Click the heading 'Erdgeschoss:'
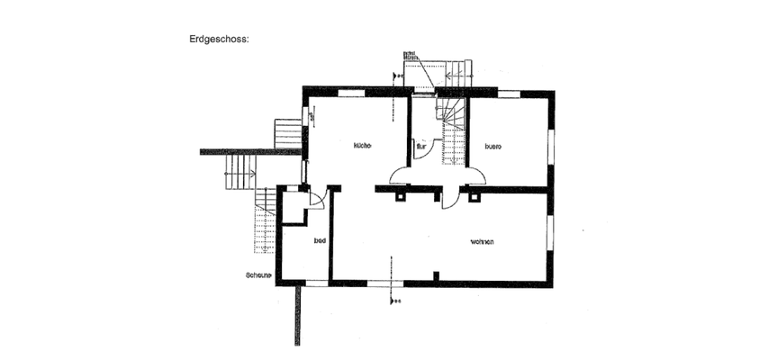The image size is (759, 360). coord(218,40)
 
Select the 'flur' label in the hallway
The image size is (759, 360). coord(420,146)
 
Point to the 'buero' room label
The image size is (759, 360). coord(492,146)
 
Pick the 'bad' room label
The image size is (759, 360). coord(319,241)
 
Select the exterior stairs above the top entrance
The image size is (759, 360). coord(450,72)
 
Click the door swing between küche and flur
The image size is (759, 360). coord(400,175)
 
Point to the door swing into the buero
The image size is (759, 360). coord(475,175)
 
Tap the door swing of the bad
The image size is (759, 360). coord(315,200)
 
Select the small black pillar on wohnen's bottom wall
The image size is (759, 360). coord(436,275)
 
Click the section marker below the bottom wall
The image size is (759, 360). coord(393,301)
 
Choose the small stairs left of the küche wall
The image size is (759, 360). coord(288,134)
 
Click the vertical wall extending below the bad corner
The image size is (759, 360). coord(295,315)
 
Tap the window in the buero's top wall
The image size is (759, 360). coord(509,92)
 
